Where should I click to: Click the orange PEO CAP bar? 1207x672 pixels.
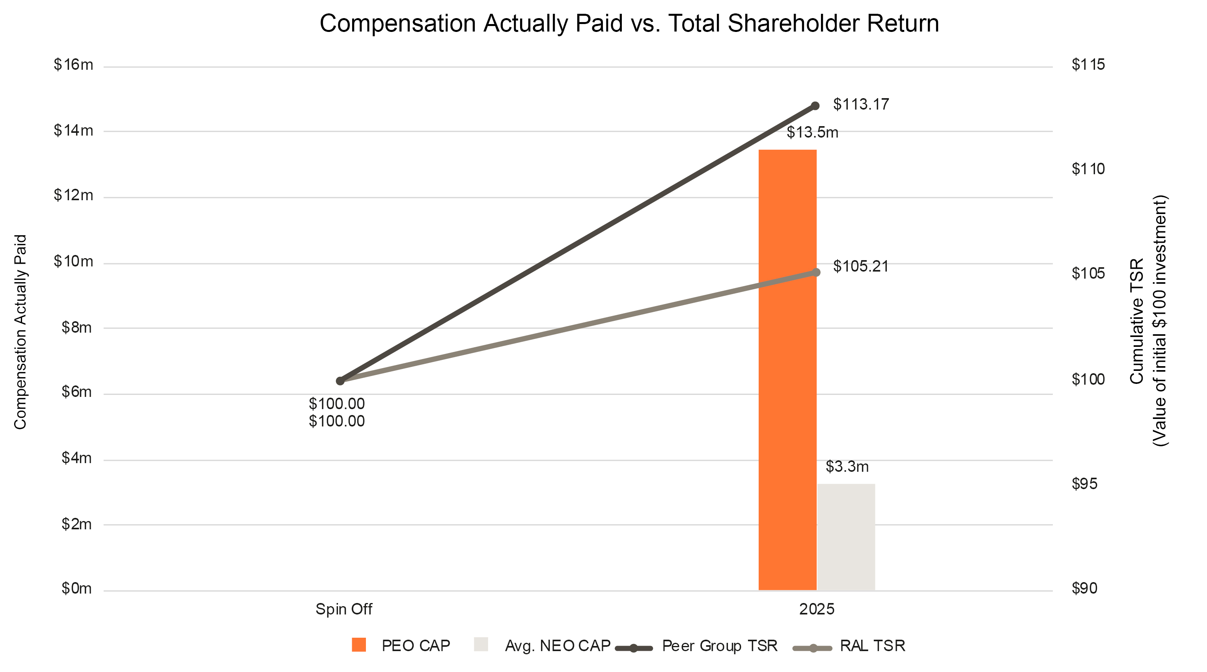(x=787, y=370)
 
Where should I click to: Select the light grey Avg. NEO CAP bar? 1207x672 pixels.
(x=846, y=537)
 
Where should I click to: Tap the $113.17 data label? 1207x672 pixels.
(x=861, y=104)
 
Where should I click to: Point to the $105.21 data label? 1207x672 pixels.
(x=861, y=266)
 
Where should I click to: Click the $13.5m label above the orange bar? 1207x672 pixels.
(x=812, y=132)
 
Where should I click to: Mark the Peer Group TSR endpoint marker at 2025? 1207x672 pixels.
(x=815, y=106)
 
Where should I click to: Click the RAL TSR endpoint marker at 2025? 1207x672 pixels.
(x=816, y=272)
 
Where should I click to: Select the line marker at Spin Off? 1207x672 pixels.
(x=340, y=381)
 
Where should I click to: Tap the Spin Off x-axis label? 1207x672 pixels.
(x=343, y=609)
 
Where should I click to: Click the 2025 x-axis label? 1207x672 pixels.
(x=816, y=609)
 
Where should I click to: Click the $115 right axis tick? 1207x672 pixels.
(x=1088, y=65)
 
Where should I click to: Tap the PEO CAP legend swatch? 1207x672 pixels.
(x=358, y=645)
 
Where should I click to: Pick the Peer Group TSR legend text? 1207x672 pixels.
(x=719, y=646)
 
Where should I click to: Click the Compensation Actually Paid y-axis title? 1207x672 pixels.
(x=20, y=331)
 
